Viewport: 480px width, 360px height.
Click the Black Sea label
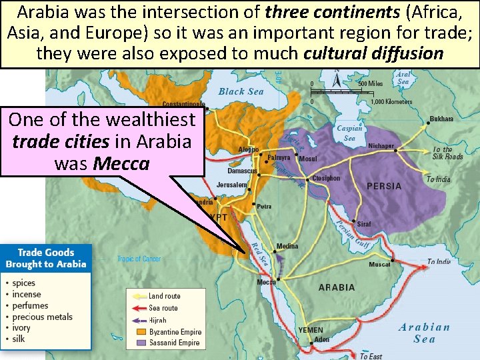241,91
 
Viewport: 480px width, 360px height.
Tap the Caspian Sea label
349,133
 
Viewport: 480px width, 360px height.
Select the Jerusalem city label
232,185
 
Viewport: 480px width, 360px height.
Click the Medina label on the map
287,246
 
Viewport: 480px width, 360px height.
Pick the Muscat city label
379,265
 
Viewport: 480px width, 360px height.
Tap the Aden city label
322,339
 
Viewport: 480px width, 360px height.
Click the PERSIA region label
384,186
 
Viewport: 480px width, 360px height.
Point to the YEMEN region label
311,330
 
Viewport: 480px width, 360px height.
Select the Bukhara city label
441,119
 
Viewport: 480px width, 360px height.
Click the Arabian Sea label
424,333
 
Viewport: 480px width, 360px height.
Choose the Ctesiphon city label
326,179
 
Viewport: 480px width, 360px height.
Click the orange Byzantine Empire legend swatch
141,331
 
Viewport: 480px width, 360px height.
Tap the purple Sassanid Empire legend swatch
141,343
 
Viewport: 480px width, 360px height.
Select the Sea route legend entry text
163,308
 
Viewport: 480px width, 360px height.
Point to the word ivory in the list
21,328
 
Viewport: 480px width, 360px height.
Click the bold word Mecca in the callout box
121,163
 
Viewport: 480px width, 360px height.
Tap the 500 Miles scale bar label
371,83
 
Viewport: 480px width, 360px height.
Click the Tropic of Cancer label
139,259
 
